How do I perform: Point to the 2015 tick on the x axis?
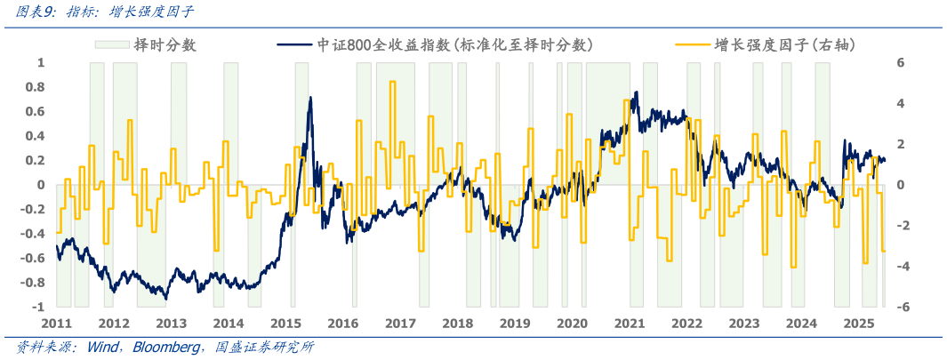point(285,324)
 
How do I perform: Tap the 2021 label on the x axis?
point(630,324)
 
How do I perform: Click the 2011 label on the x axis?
point(56,324)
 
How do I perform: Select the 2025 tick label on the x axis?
point(858,324)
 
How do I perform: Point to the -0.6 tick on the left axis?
point(33,258)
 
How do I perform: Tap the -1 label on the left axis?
point(38,307)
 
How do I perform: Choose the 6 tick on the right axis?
point(900,63)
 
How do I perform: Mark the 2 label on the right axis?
point(900,144)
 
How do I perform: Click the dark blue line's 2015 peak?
point(310,98)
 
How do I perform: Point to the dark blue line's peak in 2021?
point(637,92)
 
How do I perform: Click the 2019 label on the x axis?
point(515,324)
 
